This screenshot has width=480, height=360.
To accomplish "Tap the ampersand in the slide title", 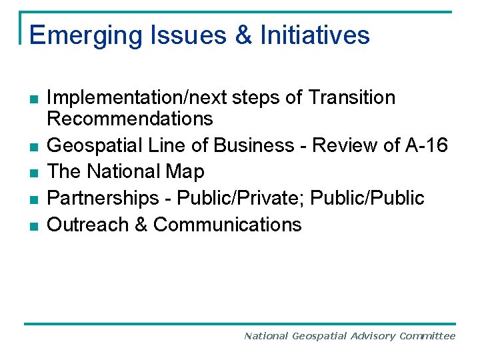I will [x=244, y=35].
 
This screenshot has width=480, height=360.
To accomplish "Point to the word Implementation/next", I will [x=137, y=99].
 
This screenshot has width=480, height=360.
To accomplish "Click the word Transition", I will [x=352, y=98].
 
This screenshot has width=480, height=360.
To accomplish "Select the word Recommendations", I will [x=130, y=119].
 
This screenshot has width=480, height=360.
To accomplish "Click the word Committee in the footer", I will [x=427, y=336].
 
